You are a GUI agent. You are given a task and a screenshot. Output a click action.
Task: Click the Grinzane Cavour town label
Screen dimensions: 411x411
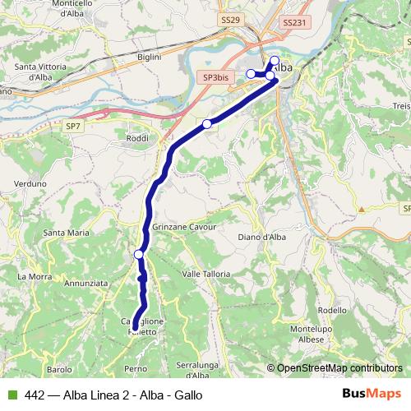(184, 226)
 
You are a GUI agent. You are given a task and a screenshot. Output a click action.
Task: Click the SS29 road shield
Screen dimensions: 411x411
(231, 18)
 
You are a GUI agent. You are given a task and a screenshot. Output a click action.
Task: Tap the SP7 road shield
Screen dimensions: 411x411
(74, 126)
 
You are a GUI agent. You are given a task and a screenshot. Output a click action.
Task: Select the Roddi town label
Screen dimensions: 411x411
(138, 139)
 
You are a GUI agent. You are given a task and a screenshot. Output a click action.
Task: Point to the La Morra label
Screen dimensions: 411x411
(34, 275)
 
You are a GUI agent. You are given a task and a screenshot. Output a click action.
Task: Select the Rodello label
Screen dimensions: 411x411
(332, 310)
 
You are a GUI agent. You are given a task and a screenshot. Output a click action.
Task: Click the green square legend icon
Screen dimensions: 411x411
(12, 395)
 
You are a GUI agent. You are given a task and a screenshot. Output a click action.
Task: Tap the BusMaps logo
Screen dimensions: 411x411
(372, 394)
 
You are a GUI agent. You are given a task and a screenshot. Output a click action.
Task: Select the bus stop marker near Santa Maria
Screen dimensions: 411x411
(139, 255)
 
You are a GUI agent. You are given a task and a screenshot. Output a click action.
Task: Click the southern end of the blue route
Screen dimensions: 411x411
(134, 329)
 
